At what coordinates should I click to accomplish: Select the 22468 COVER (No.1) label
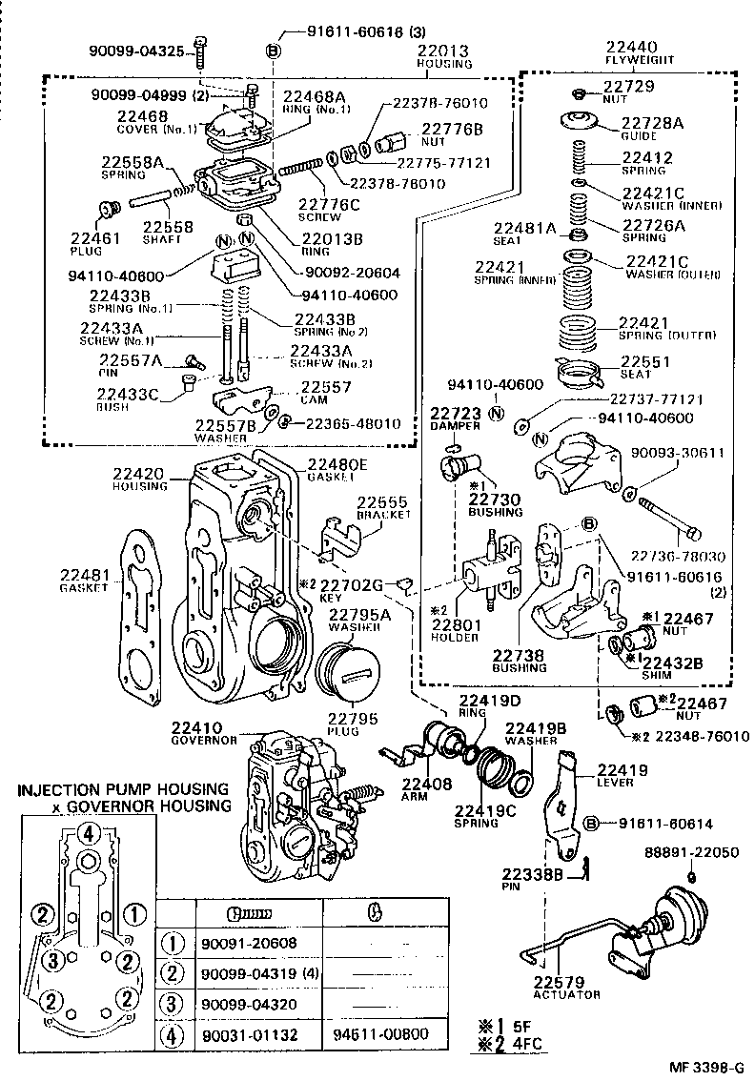point(143,121)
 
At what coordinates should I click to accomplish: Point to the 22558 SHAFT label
point(169,232)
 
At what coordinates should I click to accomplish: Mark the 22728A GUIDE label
point(652,128)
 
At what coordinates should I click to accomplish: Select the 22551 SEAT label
point(645,367)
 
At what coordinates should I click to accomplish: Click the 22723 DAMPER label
point(455,419)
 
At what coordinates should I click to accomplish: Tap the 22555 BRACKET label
point(383,507)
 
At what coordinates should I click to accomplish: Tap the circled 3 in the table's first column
point(173,1003)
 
